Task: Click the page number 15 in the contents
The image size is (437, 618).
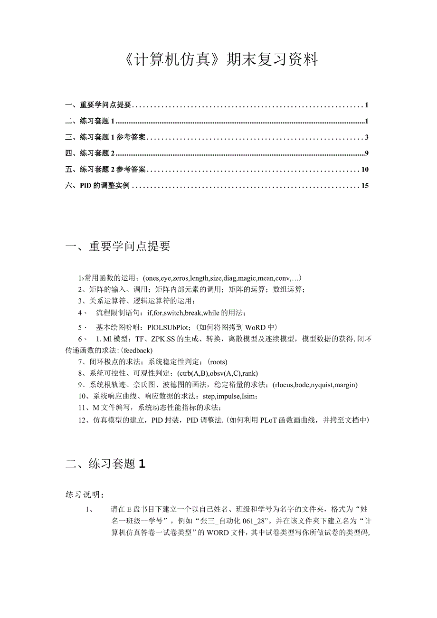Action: coord(365,186)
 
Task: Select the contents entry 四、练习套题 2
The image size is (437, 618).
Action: coord(90,153)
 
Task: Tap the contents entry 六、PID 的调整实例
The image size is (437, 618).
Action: coord(97,186)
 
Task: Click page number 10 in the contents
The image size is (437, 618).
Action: coord(365,170)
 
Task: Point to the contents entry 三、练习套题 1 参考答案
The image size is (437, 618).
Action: coord(105,138)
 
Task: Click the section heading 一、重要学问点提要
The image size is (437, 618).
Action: coord(118,246)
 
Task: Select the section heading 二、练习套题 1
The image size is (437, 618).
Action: coord(105,464)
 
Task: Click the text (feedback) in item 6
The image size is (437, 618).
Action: coord(136,351)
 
